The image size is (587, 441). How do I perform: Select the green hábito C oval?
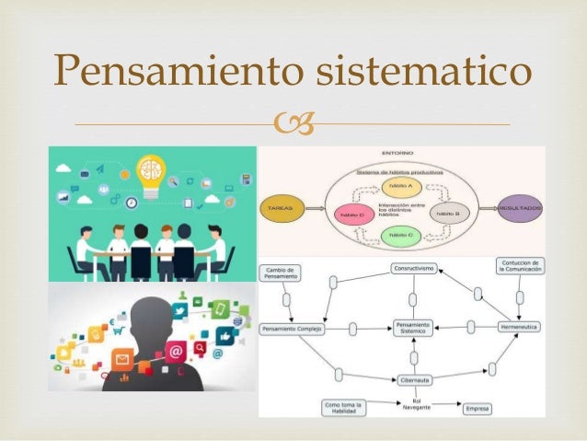pos(400,237)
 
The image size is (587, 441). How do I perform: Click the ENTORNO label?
pos(397,152)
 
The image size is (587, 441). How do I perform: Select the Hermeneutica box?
pos(520,327)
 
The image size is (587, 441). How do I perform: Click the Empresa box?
pos(478,406)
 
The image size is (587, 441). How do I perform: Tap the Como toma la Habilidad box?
pos(344,408)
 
